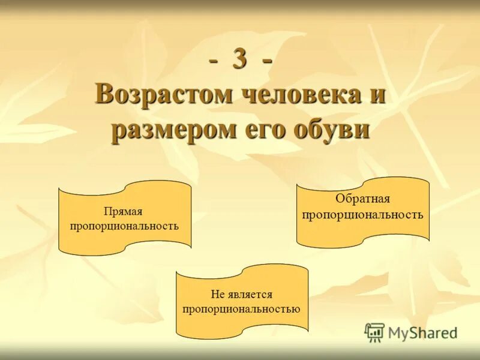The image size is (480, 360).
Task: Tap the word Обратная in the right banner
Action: point(362,199)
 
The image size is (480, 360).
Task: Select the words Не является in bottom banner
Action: point(241,295)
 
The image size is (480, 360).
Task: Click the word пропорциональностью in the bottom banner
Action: point(241,309)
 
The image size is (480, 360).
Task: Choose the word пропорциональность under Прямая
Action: point(124,226)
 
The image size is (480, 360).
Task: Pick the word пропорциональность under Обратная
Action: point(362,214)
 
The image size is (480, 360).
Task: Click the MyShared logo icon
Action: point(374,332)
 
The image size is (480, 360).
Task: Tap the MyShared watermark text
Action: point(422,332)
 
